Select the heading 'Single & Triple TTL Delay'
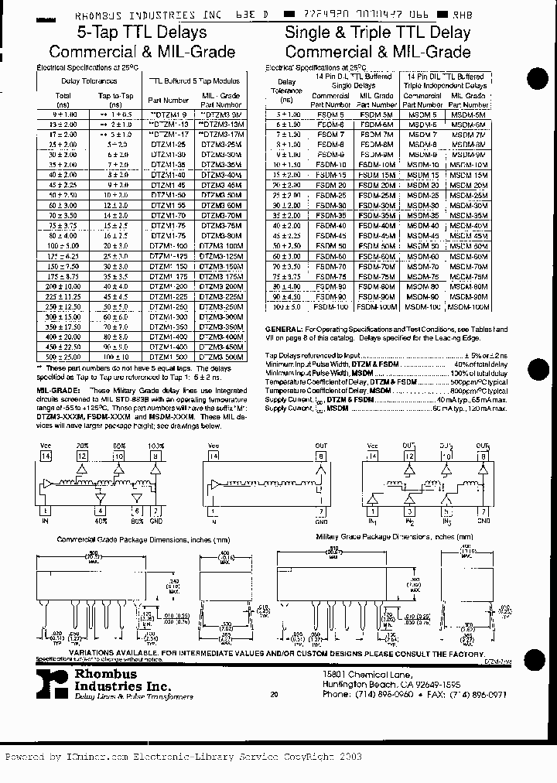tap(378, 32)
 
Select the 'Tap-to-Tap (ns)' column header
tap(115, 100)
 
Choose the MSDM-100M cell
tap(469, 307)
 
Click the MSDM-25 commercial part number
tap(423, 196)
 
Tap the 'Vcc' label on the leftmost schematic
tap(46, 446)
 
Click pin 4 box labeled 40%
tap(100, 511)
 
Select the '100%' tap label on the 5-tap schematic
tap(156, 446)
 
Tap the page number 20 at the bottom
tap(274, 695)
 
